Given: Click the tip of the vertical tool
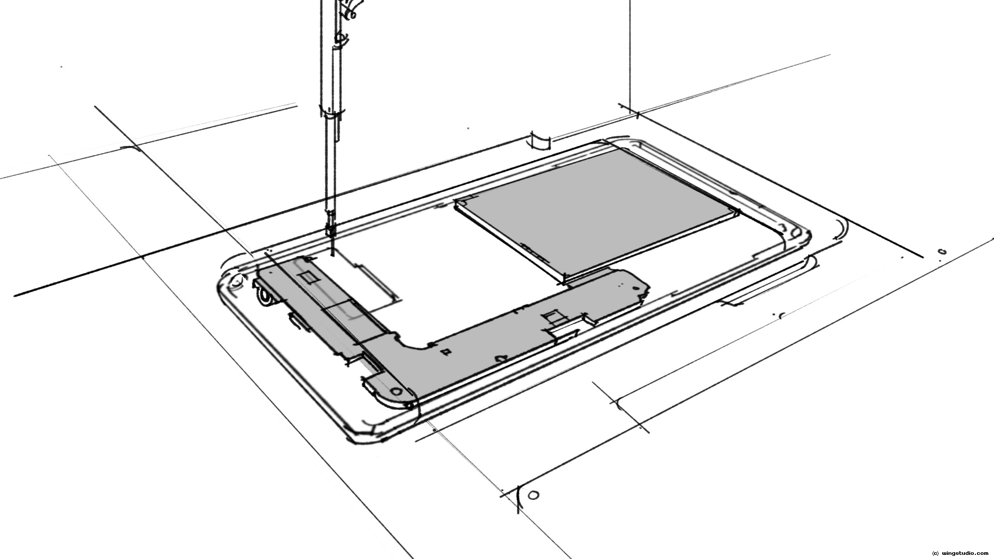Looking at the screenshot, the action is click(332, 254).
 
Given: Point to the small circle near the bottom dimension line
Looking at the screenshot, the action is click(535, 495).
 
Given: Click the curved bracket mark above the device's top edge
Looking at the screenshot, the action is click(540, 141).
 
